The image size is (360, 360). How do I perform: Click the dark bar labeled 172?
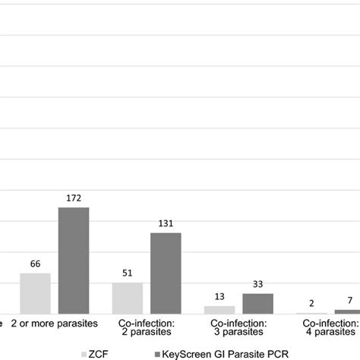[x=74, y=261]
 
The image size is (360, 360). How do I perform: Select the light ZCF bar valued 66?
[x=35, y=293]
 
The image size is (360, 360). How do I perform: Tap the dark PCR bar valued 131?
[x=166, y=273]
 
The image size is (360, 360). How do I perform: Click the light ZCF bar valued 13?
[x=219, y=310]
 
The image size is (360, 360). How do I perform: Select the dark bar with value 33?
[x=257, y=304]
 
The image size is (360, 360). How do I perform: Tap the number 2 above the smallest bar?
[x=311, y=304]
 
